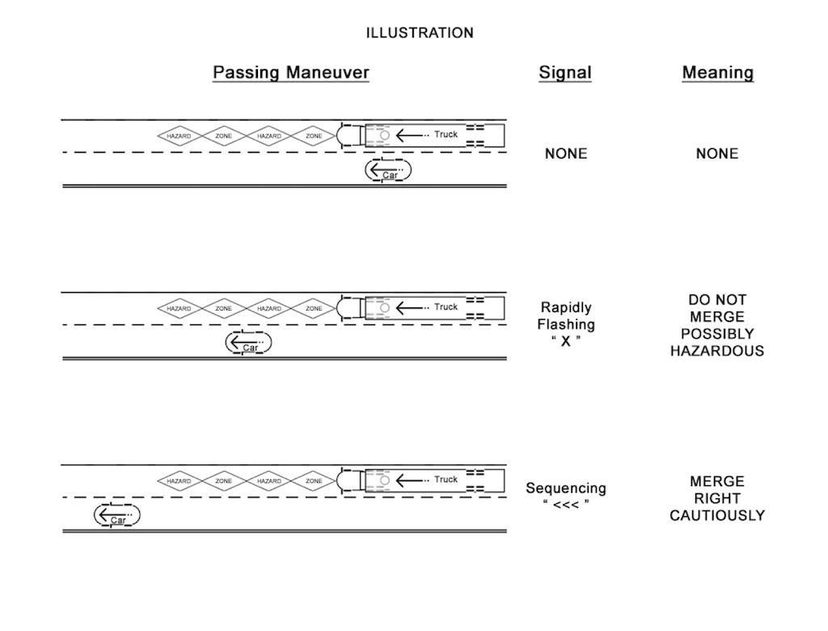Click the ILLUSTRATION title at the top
pos(420,33)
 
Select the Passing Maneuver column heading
pos(291,73)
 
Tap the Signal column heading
pos(565,73)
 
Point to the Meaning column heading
pos(717,73)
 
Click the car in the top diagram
pos(388,171)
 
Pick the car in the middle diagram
pos(248,343)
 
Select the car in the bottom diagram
pos(117,515)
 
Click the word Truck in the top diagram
pos(446,134)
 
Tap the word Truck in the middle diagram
pos(446,307)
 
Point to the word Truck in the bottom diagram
pos(446,479)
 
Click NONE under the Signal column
pos(566,154)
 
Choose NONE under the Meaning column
pos(717,154)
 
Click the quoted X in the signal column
pos(566,341)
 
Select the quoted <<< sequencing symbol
pos(566,506)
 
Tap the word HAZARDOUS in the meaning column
pos(717,351)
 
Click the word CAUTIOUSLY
pos(717,515)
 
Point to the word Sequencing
pos(566,489)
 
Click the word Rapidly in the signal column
pos(566,307)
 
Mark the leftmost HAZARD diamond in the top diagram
pos(179,136)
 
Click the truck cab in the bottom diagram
pos(349,480)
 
